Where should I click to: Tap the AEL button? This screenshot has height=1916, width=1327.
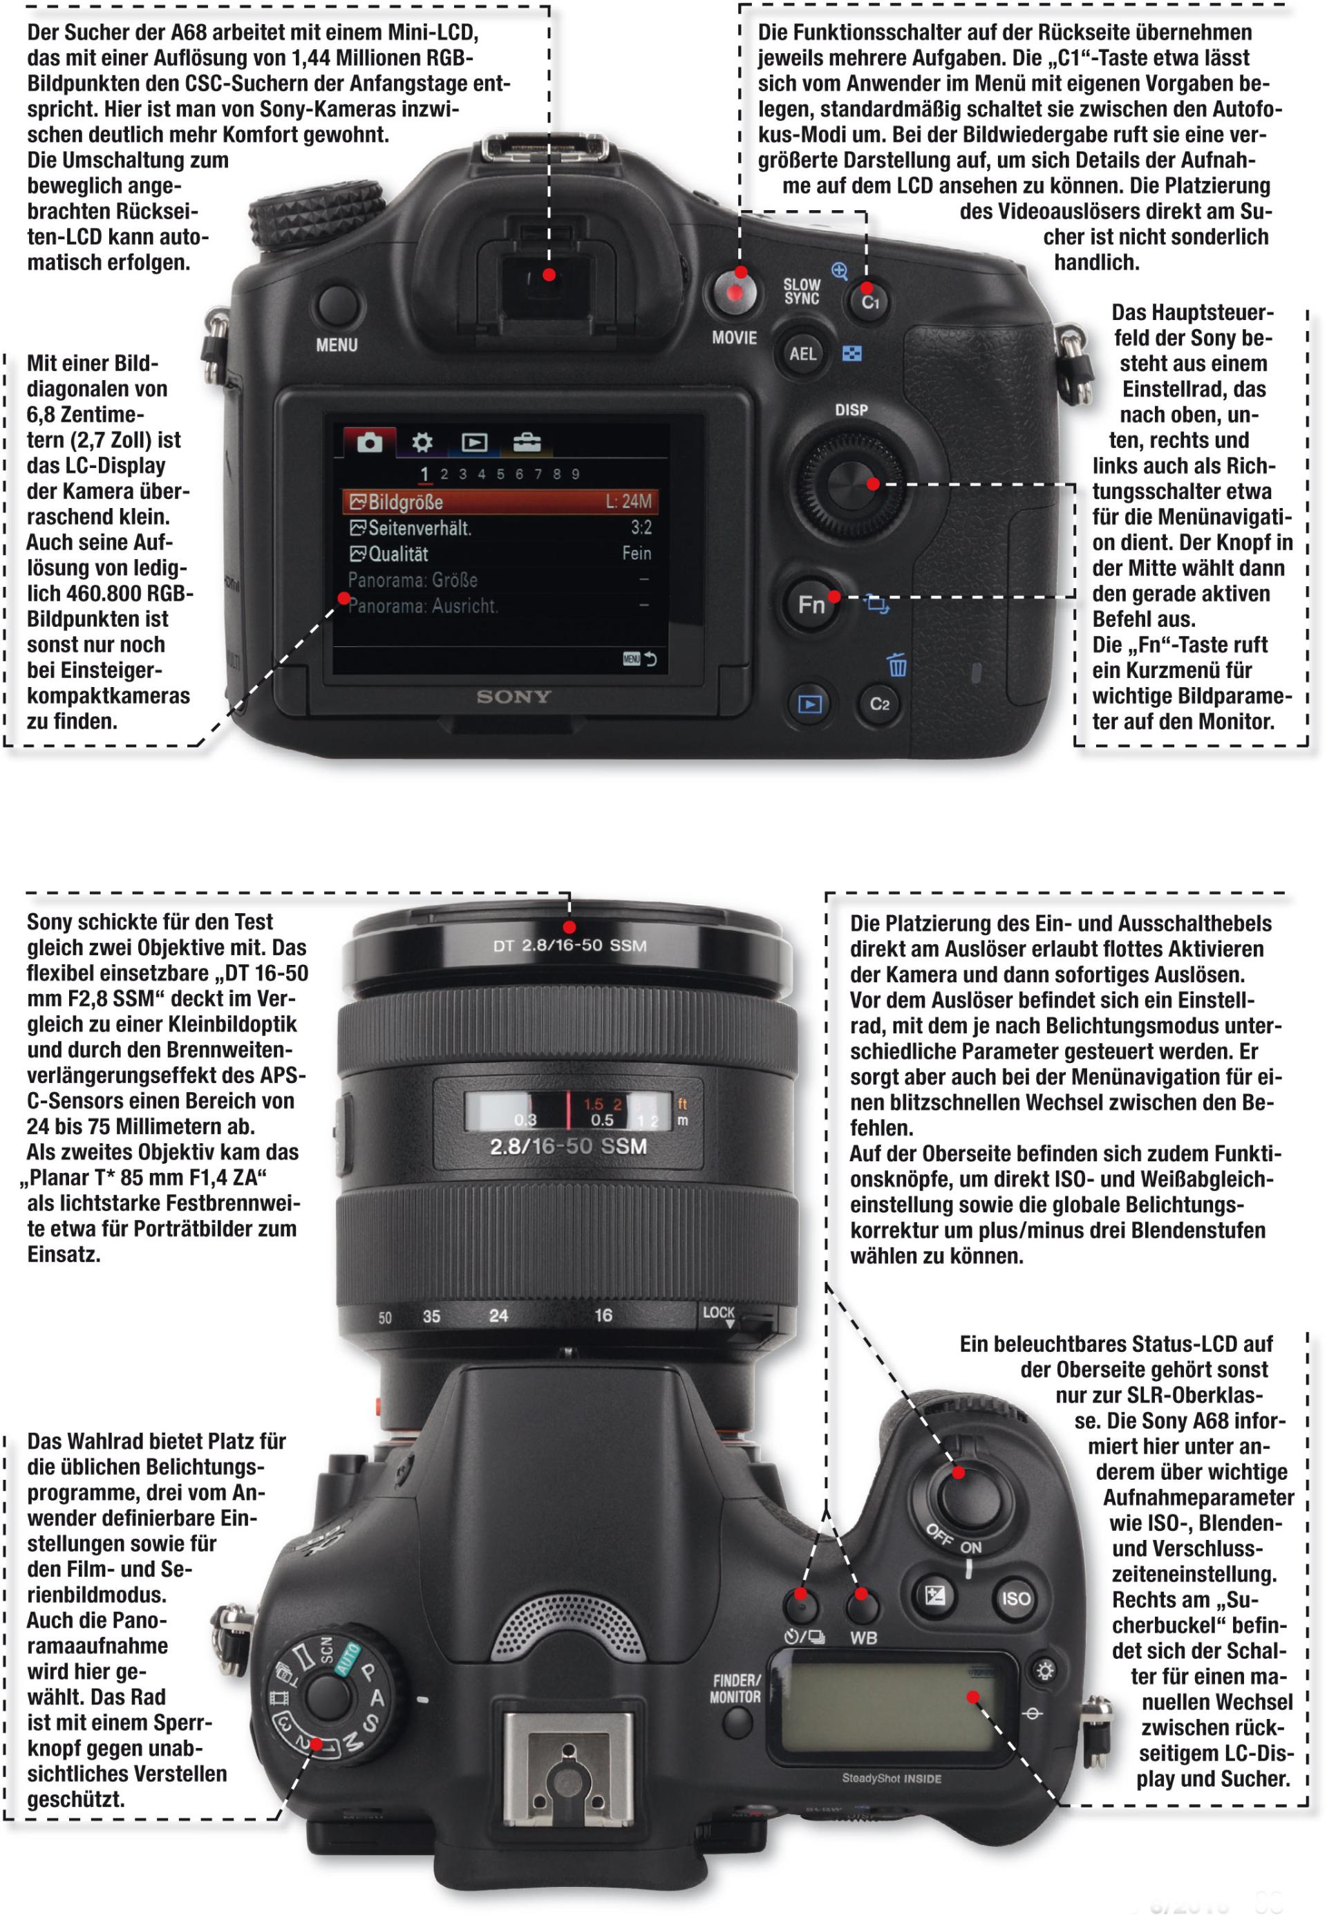coord(802,353)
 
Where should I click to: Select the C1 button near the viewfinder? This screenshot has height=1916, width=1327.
coord(869,301)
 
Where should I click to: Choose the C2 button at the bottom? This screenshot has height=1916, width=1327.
coord(879,704)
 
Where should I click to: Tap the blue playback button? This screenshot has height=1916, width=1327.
coord(809,704)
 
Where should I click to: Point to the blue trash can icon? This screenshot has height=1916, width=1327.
coord(896,665)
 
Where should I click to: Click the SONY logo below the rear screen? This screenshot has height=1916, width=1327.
coord(514,697)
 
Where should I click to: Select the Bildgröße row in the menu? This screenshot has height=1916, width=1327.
coord(500,501)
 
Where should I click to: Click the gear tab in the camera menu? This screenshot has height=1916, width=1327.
coord(422,442)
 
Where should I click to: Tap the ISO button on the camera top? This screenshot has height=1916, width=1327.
coord(1015,1598)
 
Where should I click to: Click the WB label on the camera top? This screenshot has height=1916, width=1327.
coord(863,1637)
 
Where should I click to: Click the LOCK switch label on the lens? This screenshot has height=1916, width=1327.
coord(718,1313)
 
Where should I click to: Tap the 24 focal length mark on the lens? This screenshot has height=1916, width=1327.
coord(498,1315)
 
